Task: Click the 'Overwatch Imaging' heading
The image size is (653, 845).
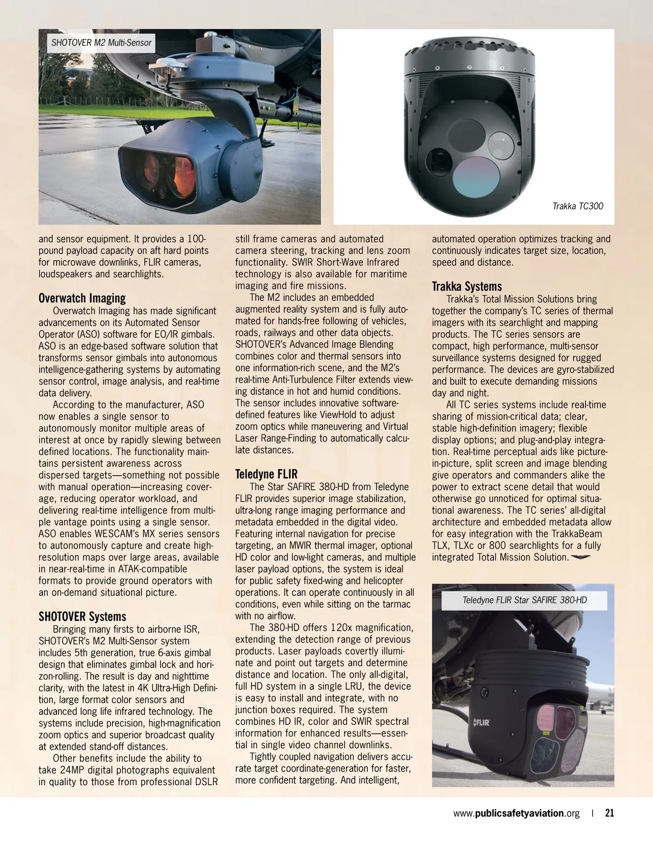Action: [x=82, y=298]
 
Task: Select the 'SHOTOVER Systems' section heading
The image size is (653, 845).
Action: [x=82, y=616]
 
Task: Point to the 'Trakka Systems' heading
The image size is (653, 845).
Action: [x=467, y=286]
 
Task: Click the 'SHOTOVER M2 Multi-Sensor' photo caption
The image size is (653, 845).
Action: [x=101, y=42]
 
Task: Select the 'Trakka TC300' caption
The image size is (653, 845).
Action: [x=577, y=206]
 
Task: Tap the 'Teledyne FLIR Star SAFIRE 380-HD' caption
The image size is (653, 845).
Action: [x=525, y=600]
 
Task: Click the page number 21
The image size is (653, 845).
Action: [x=609, y=813]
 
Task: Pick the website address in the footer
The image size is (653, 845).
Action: [x=516, y=813]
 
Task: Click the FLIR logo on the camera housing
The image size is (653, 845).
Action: [x=481, y=723]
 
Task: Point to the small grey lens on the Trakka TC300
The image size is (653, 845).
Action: [x=501, y=143]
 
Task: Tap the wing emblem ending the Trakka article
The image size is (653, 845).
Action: [x=581, y=557]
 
